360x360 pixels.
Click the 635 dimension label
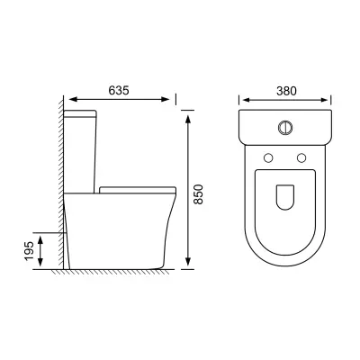coord(119,90)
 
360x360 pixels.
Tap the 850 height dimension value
coord(198,194)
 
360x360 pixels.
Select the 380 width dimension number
coord(286,91)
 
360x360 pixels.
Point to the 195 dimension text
coord(30,251)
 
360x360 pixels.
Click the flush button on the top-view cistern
coord(285,128)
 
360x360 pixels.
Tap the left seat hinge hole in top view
coord(268,157)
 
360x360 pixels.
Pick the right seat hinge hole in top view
coord(301,157)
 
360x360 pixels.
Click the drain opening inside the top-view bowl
coord(284,197)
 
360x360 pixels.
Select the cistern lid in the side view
coord(80,113)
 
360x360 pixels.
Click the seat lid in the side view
coord(138,190)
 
